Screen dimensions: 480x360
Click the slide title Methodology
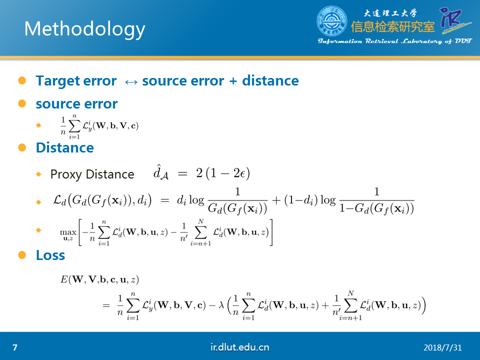point(84,29)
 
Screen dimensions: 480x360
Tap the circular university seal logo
point(332,21)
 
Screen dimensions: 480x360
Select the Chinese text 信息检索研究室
point(393,26)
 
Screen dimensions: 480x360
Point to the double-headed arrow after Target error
point(131,81)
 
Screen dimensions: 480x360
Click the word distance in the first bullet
point(270,81)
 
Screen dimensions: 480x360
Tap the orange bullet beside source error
point(22,103)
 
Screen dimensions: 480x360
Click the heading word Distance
point(65,147)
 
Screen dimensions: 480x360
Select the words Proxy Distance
point(92,174)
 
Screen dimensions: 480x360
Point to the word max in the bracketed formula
point(67,232)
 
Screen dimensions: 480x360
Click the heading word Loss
point(50,255)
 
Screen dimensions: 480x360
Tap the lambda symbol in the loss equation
point(221,305)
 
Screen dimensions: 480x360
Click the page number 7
point(15,347)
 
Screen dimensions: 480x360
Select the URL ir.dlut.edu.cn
point(239,347)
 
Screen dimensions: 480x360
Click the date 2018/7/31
point(442,348)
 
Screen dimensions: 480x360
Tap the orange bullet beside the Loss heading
point(22,255)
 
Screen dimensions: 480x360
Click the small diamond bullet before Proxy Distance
point(38,174)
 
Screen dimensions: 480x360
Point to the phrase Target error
point(76,81)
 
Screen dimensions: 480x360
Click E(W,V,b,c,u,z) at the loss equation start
point(99,279)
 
